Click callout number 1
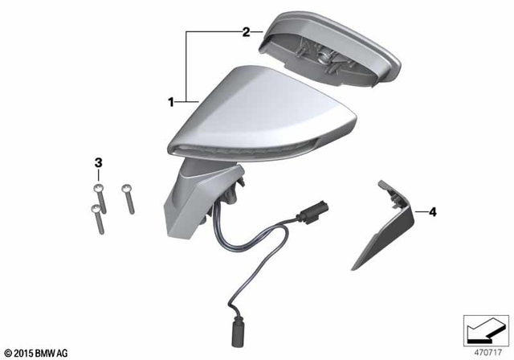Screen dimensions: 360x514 [x=171, y=102]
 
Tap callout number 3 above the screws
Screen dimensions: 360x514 [x=99, y=164]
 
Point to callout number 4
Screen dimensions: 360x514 [x=432, y=212]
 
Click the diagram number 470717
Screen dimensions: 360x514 [x=483, y=351]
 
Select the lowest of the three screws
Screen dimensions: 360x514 [x=97, y=219]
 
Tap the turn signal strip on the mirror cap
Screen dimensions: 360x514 [x=241, y=146]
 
